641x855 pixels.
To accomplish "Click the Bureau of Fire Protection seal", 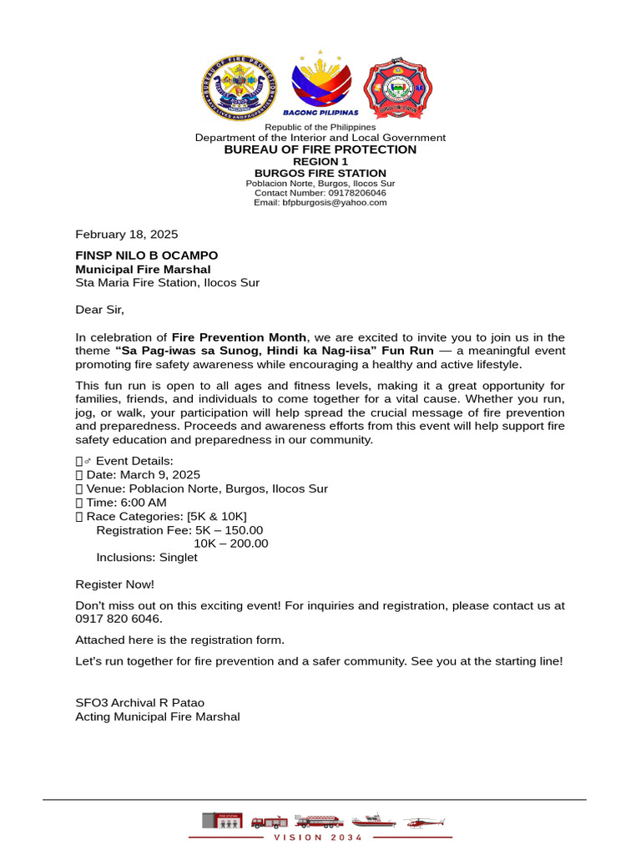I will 239,88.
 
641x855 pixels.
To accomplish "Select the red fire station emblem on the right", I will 397,88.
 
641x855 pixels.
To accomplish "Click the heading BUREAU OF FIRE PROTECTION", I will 320,149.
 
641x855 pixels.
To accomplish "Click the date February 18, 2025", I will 127,235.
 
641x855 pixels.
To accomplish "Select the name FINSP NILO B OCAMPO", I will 147,255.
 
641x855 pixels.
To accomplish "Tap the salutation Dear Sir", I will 99,310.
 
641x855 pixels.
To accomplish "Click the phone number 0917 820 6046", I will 119,620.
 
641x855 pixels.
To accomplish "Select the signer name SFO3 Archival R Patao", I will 140,703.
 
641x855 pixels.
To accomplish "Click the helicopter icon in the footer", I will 425,822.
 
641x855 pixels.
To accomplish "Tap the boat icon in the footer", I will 373,820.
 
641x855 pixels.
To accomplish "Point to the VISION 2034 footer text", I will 320,837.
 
